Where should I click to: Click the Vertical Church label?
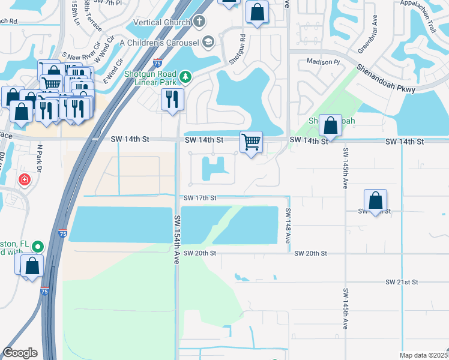pos(160,22)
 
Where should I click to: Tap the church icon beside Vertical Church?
pos(200,22)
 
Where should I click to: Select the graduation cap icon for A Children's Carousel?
pos(208,42)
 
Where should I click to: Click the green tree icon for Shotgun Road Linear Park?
pos(186,76)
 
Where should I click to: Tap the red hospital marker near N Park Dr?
pos(24,179)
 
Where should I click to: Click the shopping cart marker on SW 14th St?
pos(251,143)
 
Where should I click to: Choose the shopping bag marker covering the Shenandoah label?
pos(330,125)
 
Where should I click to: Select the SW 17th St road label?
pos(200,198)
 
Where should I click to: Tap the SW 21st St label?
pos(402,282)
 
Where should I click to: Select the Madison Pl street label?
pos(323,62)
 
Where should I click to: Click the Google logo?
pos(20,353)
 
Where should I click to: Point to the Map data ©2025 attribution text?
pos(424,355)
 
